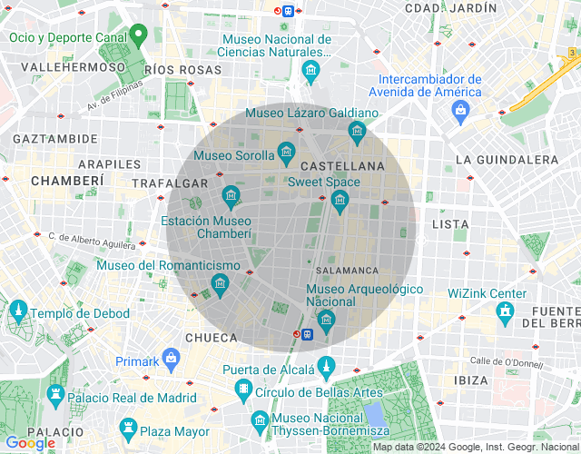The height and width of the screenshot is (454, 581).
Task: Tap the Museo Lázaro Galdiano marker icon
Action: (356, 131)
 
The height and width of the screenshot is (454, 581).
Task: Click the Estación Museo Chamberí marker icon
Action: (231, 195)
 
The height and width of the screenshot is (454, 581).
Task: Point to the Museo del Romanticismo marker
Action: (219, 285)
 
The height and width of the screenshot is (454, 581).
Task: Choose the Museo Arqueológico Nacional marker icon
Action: (325, 319)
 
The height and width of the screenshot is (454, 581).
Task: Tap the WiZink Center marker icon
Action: (505, 311)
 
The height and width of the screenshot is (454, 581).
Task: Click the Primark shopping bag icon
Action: (171, 359)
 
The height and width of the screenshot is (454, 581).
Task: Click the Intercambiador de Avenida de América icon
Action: (461, 110)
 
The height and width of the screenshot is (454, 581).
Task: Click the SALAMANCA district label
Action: (348, 271)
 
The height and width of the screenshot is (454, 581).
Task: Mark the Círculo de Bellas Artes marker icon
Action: (243, 391)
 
